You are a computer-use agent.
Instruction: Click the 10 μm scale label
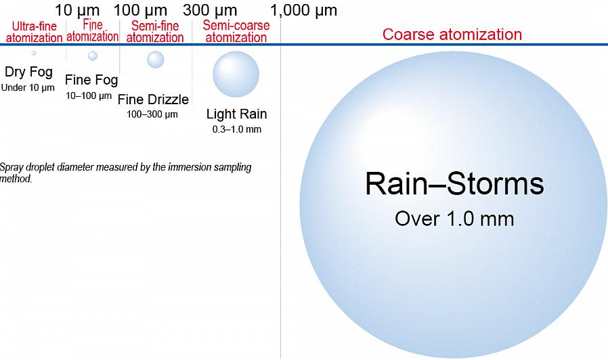pos(77,10)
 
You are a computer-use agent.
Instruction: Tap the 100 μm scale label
pos(140,10)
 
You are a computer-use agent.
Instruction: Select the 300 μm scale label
pos(210,10)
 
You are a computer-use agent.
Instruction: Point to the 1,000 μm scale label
pos(303,10)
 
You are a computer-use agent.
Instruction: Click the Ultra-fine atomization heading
pos(34,32)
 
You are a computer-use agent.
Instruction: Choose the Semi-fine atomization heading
pos(155,31)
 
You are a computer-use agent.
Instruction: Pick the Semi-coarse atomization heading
pos(236,31)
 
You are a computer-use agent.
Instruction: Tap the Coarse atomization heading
pos(452,34)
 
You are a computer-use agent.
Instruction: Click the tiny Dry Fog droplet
pos(34,53)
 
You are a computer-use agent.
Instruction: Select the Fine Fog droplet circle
pos(93,55)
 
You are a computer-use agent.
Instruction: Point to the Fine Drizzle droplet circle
pos(156,60)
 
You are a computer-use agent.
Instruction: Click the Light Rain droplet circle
pos(236,74)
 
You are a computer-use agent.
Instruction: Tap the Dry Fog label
pos(28,72)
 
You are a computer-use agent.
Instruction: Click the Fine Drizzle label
pos(153,99)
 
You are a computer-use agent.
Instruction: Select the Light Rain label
pos(236,114)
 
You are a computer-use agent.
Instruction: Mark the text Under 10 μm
pos(28,87)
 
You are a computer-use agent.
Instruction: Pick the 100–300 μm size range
pos(152,114)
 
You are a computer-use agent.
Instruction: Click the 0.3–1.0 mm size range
pos(236,129)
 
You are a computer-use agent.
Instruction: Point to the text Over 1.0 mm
pos(454,219)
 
